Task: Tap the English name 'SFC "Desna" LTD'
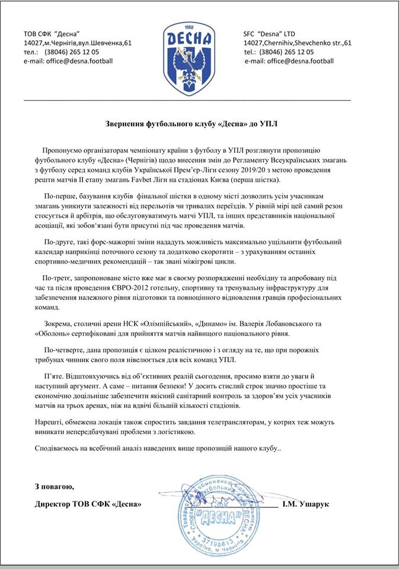(x=269, y=33)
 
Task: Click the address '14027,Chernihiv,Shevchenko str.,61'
(x=298, y=43)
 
